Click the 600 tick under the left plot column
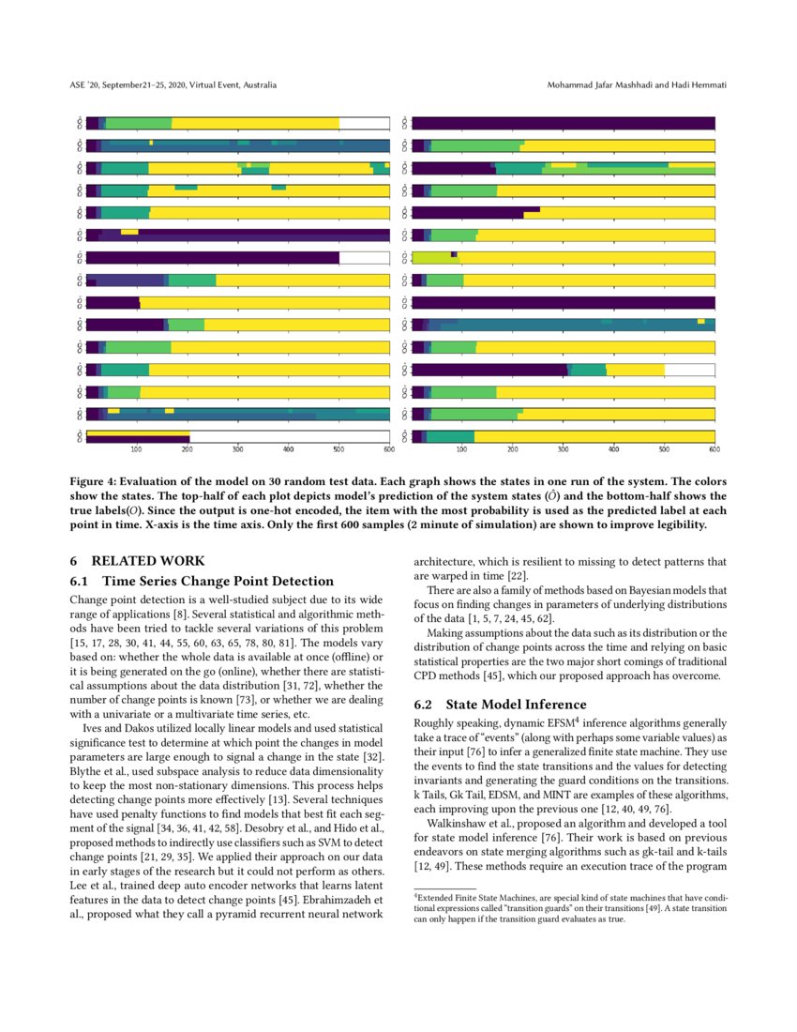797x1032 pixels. coord(389,449)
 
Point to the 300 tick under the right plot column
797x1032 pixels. coord(564,449)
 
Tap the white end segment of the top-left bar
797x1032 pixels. coord(364,123)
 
